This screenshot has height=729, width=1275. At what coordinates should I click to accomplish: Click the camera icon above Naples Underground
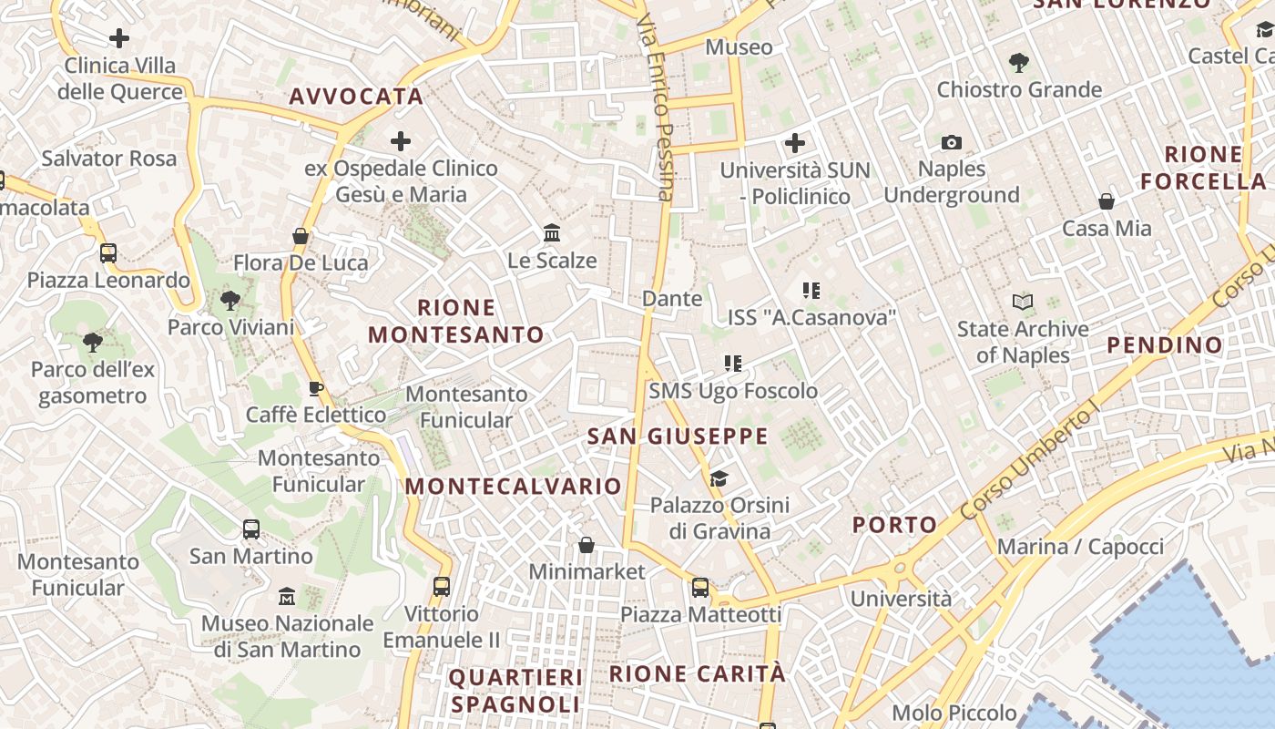coord(952,142)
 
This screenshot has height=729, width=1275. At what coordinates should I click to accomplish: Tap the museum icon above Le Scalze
coord(552,233)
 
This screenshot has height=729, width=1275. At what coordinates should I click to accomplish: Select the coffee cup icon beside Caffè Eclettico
coord(315,389)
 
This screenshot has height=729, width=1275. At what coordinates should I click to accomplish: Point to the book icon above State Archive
coord(1023,302)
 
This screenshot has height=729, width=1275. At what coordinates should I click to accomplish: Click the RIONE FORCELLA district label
coord(1203,168)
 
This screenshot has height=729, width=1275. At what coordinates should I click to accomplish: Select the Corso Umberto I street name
coord(1025,465)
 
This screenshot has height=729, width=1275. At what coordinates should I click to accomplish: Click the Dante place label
coord(672,298)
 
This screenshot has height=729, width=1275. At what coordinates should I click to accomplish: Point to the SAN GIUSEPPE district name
coord(678,436)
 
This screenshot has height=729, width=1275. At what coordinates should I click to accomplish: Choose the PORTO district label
coord(894,525)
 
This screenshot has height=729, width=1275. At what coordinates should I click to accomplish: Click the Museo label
coord(739,46)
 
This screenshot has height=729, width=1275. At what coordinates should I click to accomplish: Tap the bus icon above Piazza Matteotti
coord(700,588)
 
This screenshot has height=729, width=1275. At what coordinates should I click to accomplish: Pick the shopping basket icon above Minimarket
coord(586,545)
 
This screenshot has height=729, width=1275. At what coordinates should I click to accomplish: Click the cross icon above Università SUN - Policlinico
coord(795,143)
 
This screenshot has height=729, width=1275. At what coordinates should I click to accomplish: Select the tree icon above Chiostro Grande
coord(1019,63)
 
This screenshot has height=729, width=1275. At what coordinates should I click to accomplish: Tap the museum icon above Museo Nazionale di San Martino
coord(287,597)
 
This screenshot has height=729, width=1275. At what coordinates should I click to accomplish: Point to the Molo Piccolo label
coord(954,713)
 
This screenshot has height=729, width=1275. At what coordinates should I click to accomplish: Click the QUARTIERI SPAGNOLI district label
coord(515,691)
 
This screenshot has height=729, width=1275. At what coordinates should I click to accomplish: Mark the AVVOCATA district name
coord(356,97)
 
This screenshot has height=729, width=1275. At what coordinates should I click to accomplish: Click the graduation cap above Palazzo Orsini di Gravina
coord(719,478)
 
